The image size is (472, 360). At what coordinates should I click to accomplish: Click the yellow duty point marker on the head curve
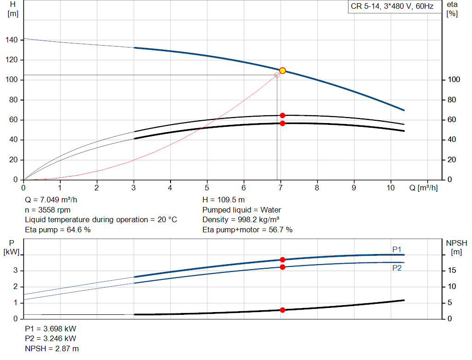283,71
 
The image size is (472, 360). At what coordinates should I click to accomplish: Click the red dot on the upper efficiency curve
283,115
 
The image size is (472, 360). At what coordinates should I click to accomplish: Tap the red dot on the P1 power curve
283,260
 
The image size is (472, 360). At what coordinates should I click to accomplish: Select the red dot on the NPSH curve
283,310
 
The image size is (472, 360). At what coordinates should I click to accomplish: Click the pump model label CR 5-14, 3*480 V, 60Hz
392,7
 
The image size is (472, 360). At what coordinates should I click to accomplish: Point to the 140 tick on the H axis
12,40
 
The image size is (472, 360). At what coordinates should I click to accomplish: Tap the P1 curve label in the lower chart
397,249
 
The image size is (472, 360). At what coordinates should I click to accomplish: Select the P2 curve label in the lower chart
397,267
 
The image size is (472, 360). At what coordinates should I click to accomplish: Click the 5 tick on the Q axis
207,188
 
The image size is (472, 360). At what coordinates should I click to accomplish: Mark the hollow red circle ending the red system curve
277,75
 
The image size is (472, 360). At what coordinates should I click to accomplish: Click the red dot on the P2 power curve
283,267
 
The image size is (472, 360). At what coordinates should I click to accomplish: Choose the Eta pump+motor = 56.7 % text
248,230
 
